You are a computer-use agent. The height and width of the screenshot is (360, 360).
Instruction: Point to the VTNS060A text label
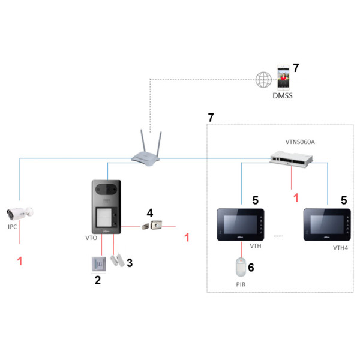point(300,142)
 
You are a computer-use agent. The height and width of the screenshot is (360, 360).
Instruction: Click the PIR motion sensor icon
point(241,266)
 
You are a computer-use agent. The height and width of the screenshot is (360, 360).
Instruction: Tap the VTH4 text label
point(340,247)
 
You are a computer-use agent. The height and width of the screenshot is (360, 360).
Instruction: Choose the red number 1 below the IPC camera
point(20,262)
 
